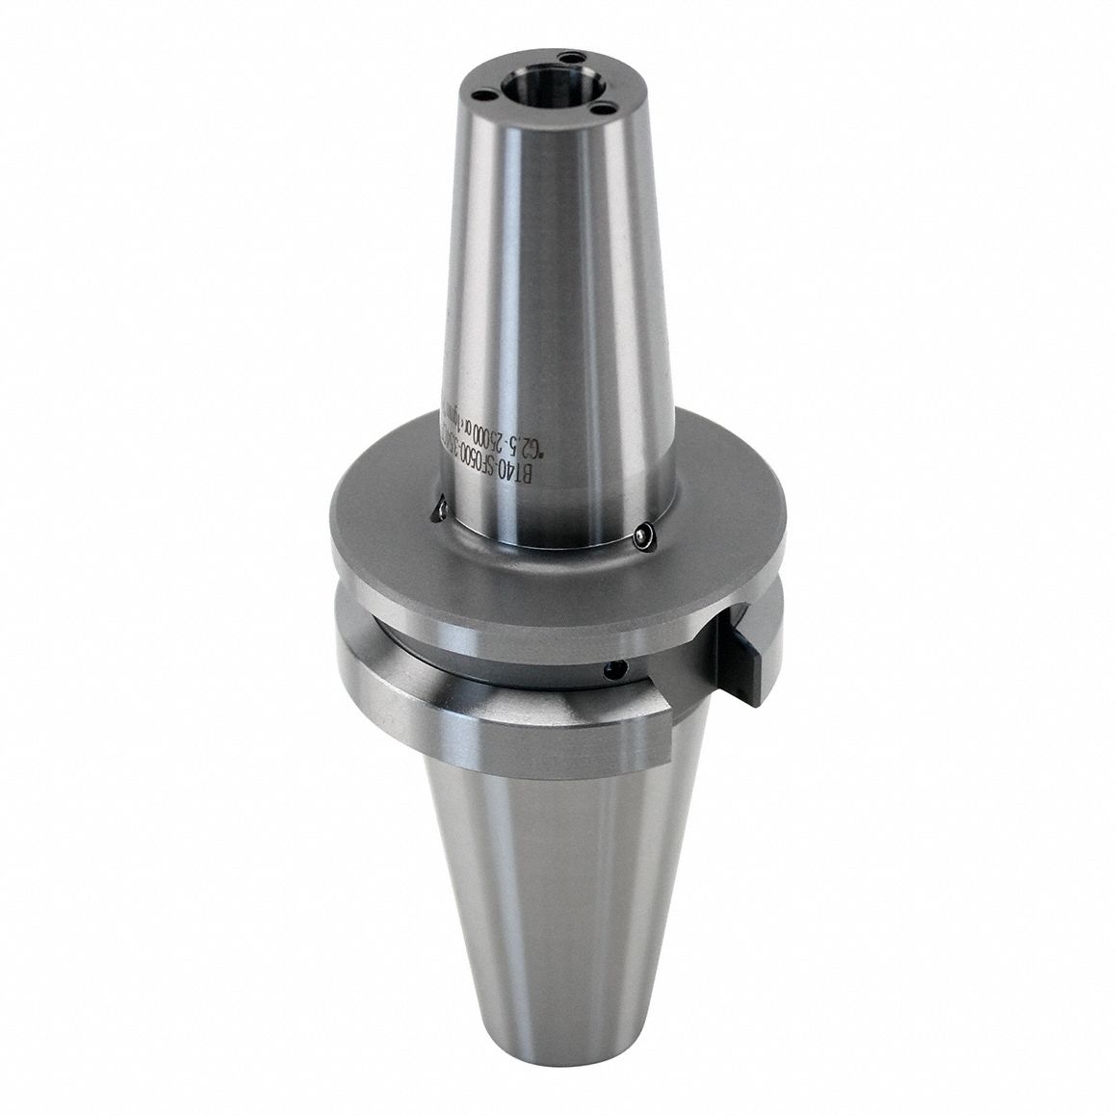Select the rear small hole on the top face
pos(574,60)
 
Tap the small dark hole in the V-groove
pos(607,668)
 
